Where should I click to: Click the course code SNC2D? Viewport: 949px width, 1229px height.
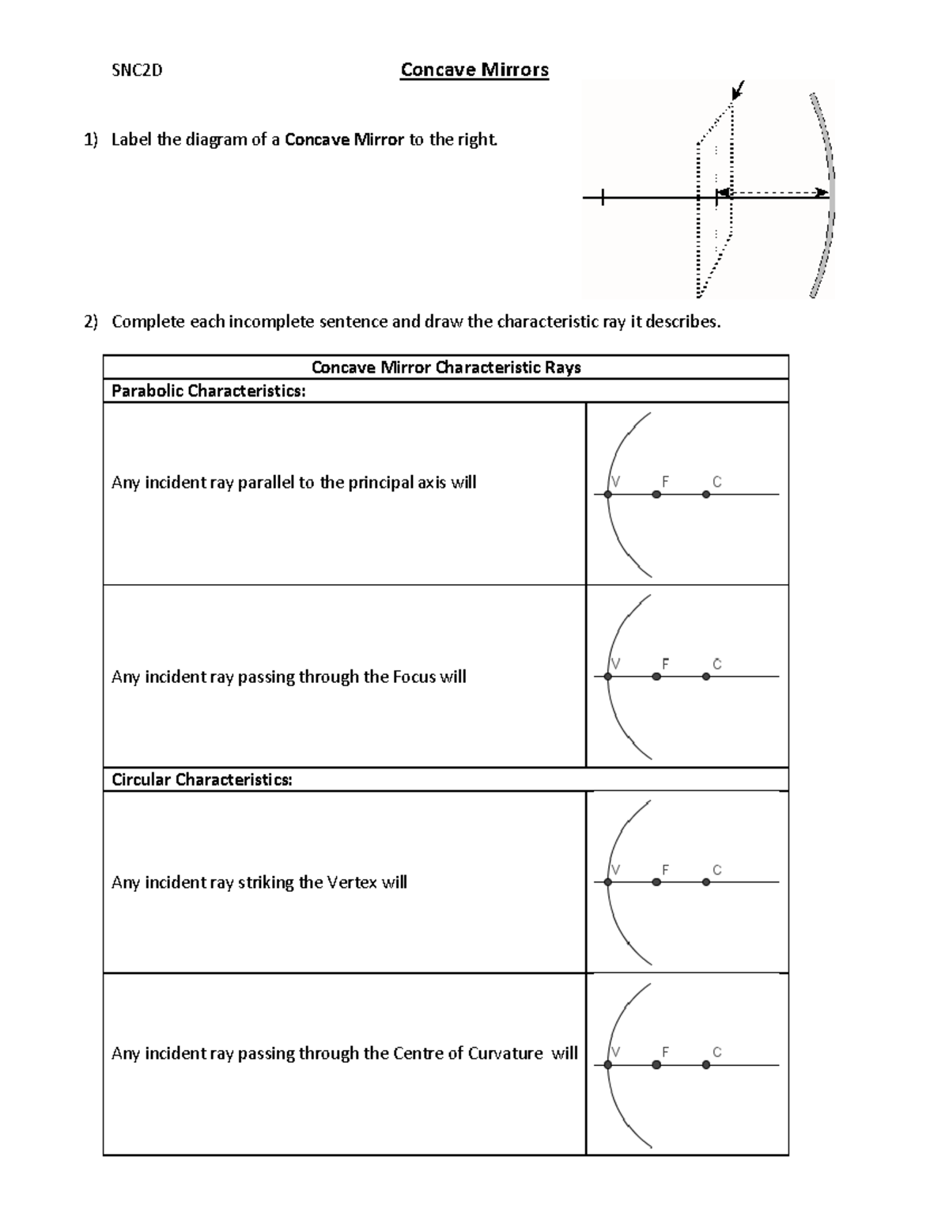coord(136,70)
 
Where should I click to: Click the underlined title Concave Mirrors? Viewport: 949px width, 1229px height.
coord(475,70)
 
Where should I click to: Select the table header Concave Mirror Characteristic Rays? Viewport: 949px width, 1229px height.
coord(446,367)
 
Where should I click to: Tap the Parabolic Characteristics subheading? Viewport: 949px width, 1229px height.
coord(208,391)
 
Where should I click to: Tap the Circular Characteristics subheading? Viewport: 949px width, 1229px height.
coord(202,780)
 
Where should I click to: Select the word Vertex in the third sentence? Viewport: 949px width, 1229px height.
coord(352,882)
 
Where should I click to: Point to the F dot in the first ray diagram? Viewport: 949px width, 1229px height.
coord(656,495)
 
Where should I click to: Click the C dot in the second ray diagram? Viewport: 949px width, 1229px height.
coord(706,677)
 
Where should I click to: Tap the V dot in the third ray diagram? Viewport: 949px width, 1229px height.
coord(607,882)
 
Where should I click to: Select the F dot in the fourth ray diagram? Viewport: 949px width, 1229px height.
coord(656,1065)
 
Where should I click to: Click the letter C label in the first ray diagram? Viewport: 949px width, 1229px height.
coord(716,481)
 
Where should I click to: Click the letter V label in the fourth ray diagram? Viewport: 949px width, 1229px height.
coord(615,1052)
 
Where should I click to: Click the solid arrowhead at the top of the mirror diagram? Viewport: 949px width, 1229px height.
coord(738,90)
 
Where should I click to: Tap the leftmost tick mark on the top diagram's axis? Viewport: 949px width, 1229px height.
coord(603,198)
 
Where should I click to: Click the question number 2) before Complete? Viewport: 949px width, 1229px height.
coord(92,321)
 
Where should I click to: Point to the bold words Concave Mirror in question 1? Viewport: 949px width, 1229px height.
coord(344,140)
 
